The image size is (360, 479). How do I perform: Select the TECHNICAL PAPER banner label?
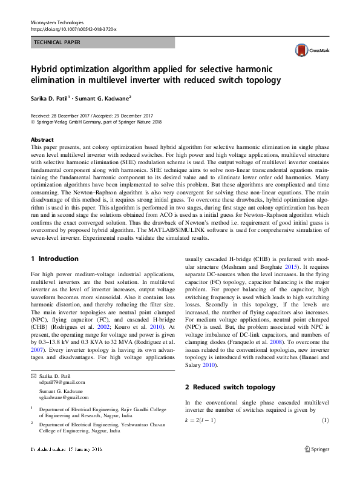pyautogui.click(x=57, y=42)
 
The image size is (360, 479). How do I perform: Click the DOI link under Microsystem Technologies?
pyautogui.click(x=73, y=29)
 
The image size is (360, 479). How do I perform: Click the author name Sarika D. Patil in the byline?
pyautogui.click(x=49, y=97)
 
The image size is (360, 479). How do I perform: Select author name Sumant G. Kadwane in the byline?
pyautogui.click(x=105, y=97)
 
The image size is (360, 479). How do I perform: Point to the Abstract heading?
pyautogui.click(x=42, y=140)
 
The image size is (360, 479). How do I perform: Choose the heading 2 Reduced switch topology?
pyautogui.click(x=230, y=387)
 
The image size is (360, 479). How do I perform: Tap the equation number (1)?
pyautogui.click(x=324, y=420)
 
